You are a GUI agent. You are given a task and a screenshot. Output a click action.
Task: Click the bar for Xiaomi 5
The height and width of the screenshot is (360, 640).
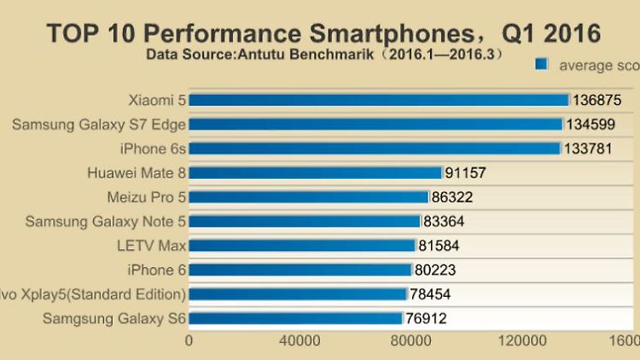(x=379, y=100)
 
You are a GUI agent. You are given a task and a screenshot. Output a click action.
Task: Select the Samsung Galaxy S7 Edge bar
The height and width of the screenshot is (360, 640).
(x=375, y=125)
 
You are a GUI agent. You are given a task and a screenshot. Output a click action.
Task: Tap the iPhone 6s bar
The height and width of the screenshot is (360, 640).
(x=375, y=148)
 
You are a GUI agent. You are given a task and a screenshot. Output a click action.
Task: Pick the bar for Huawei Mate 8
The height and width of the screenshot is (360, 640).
(x=315, y=173)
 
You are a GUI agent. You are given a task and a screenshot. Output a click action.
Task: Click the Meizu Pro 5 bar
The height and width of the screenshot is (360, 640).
(x=308, y=197)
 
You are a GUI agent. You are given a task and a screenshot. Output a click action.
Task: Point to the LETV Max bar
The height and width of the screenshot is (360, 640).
(x=301, y=246)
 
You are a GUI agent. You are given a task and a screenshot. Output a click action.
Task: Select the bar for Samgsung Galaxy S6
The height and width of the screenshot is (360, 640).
(x=295, y=319)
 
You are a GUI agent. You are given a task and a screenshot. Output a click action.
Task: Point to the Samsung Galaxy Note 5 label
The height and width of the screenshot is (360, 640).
(x=106, y=222)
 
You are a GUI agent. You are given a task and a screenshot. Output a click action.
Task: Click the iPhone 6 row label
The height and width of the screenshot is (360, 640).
(x=156, y=270)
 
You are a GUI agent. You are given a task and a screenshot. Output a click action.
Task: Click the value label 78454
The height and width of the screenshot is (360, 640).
(x=430, y=295)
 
